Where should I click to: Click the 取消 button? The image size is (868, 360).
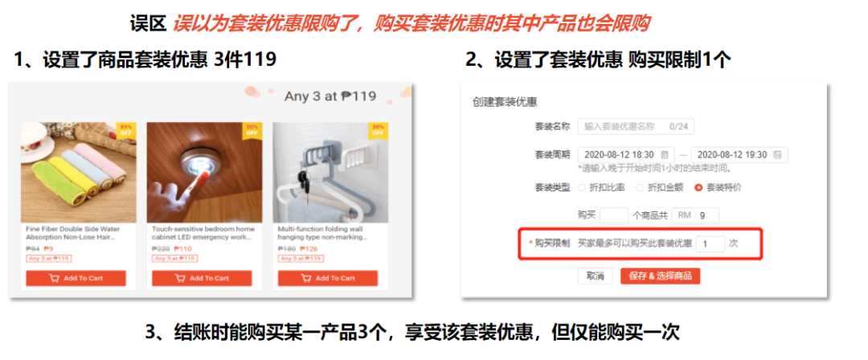click(x=595, y=276)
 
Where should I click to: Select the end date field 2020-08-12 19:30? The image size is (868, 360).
click(x=739, y=154)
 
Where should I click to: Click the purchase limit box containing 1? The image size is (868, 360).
click(x=710, y=243)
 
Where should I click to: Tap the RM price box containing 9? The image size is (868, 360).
click(x=706, y=215)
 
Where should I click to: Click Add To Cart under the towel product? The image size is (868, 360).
click(x=76, y=278)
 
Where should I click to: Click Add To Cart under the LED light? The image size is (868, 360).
click(x=202, y=278)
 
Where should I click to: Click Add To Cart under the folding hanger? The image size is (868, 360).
click(x=327, y=278)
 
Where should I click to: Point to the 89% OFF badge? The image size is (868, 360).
click(x=126, y=130)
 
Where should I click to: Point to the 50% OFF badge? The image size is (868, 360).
click(x=252, y=130)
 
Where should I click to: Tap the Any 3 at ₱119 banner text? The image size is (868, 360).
click(x=330, y=96)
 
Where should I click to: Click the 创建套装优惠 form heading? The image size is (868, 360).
click(x=505, y=102)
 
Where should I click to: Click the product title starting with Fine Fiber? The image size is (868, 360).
click(x=73, y=233)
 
